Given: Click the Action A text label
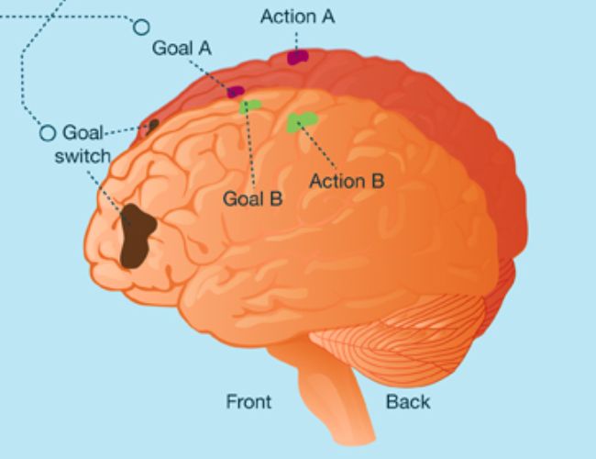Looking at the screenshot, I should coord(297,17).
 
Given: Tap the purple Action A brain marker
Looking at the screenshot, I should coord(298,57).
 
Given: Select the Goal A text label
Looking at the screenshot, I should coord(182,49).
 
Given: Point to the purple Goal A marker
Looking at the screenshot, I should coord(236,91).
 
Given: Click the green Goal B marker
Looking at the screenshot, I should coord(249,106).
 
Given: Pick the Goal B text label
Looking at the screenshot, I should coord(252,197).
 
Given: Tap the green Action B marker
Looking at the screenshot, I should coord(301,121).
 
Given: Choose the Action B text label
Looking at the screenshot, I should coord(346,181).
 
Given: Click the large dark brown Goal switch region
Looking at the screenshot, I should coord(138,235).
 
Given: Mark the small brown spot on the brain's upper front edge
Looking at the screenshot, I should coord(152,124).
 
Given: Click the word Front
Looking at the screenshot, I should coord(248,401).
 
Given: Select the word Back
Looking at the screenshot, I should coord(408,401).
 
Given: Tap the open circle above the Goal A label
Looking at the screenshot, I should coord(141,27).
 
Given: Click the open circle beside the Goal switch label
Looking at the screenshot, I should coord(48,133).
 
